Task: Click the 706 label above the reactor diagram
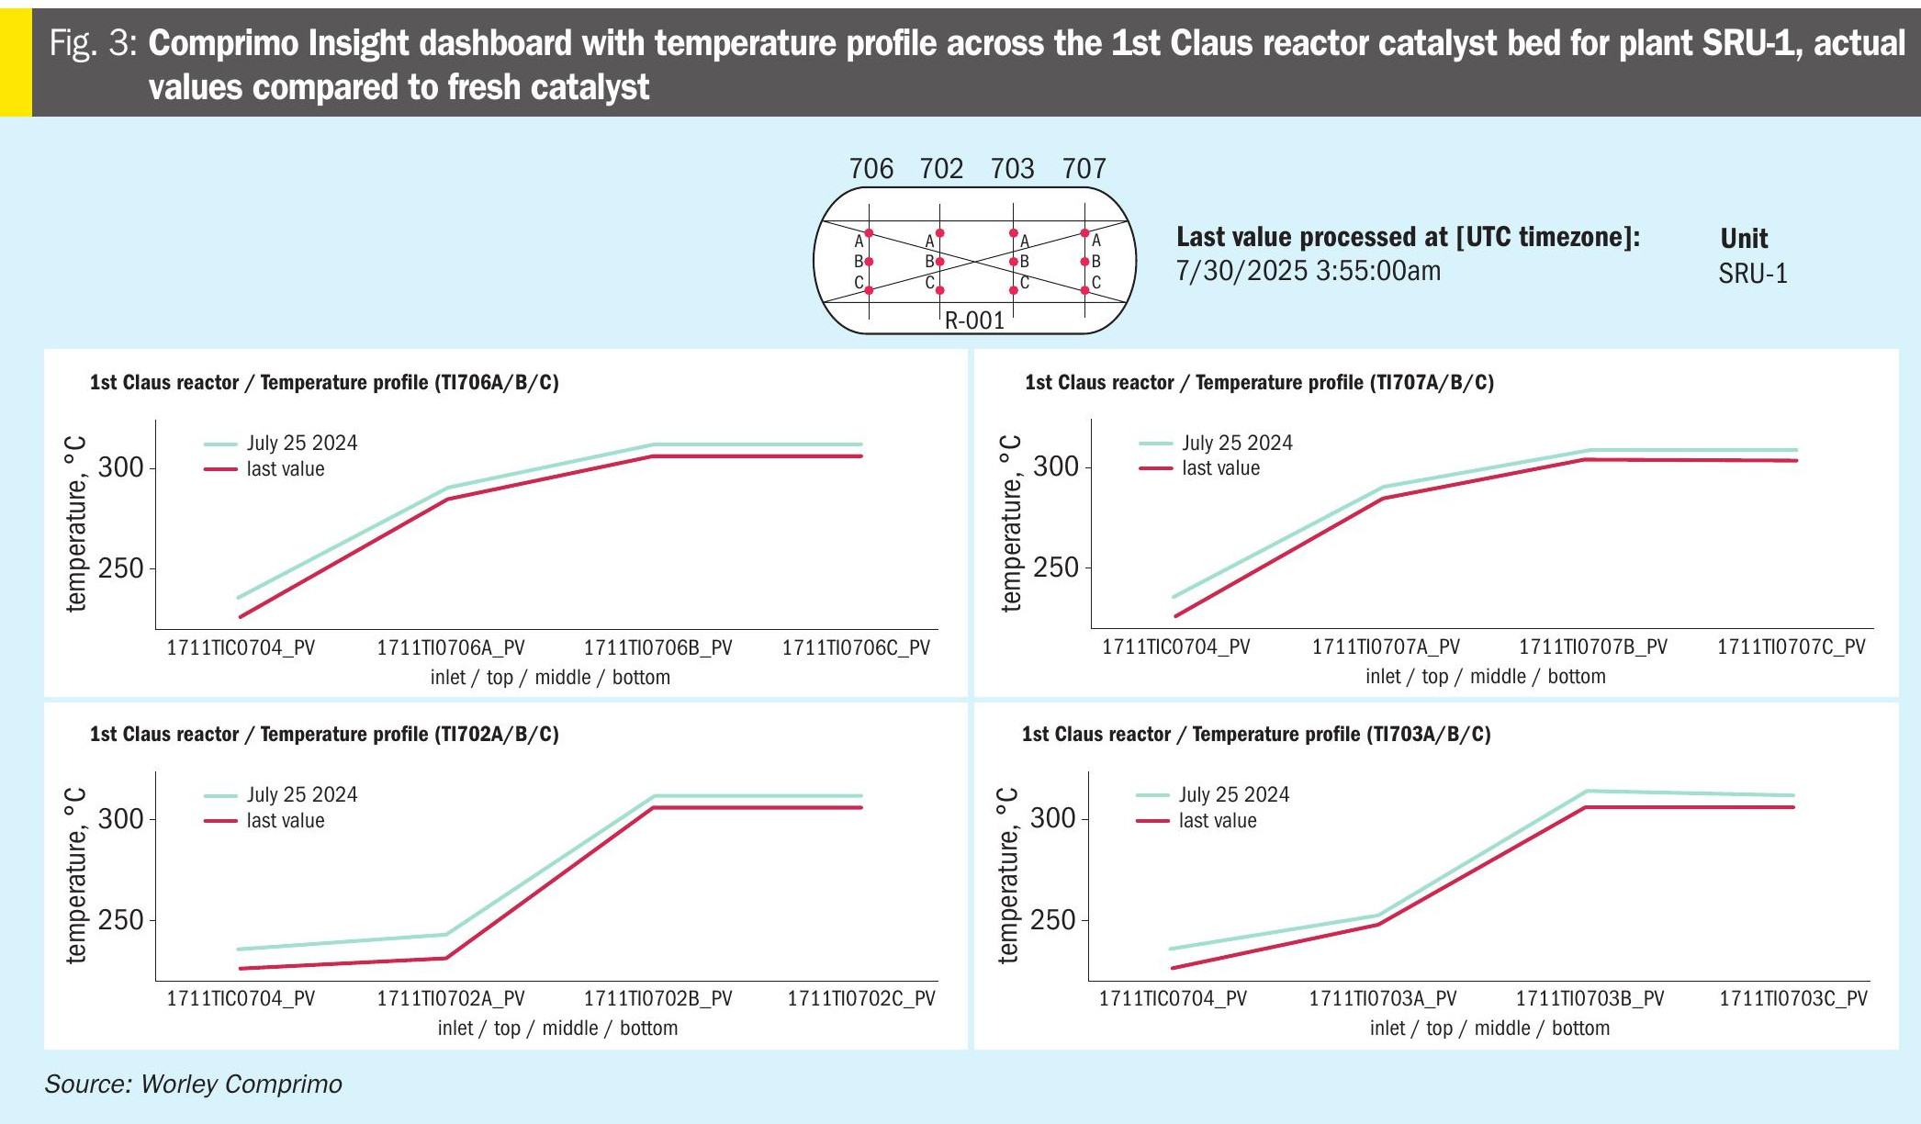[871, 169]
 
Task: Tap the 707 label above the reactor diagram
[1084, 169]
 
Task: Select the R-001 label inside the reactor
[974, 320]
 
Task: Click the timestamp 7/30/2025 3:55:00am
[1308, 271]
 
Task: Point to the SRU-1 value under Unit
[1753, 274]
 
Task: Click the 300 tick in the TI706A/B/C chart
[121, 467]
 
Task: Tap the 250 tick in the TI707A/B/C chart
[1056, 568]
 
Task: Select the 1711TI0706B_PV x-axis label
[657, 648]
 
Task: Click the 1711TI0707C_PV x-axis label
[1791, 647]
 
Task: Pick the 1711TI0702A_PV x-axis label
[450, 999]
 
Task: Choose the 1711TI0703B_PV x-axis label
[1590, 999]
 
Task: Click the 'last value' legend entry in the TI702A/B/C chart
[285, 821]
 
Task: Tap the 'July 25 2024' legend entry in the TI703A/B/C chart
[1233, 795]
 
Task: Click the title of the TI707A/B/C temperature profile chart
[1259, 383]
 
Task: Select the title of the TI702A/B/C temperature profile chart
[324, 735]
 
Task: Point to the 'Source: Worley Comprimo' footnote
[193, 1085]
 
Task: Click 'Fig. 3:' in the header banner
[93, 43]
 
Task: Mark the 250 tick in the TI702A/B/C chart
[121, 920]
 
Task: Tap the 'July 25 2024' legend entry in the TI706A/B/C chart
[301, 444]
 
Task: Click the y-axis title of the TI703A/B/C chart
[1007, 875]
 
